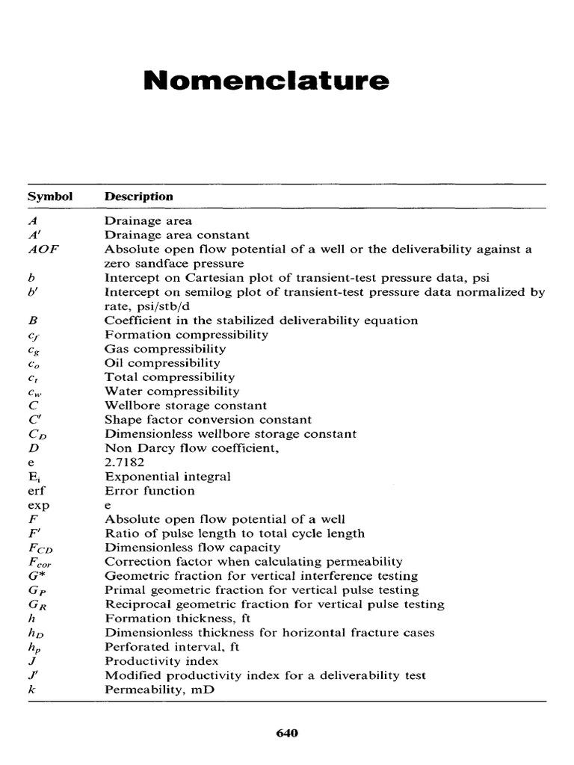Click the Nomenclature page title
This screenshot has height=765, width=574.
tap(267, 81)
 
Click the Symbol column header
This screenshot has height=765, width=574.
tap(50, 196)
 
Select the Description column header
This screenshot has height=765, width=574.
tap(139, 196)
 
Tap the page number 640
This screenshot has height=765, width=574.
tap(287, 733)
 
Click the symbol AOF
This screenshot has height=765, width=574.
tap(43, 250)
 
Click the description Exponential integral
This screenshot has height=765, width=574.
tap(167, 477)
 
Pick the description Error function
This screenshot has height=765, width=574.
tap(149, 491)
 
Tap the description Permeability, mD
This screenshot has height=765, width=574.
tap(159, 690)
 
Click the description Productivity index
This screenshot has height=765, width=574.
tap(161, 661)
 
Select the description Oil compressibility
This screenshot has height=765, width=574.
tap(162, 363)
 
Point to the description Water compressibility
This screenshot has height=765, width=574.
tap(172, 391)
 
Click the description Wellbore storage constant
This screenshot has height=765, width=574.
tap(185, 406)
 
